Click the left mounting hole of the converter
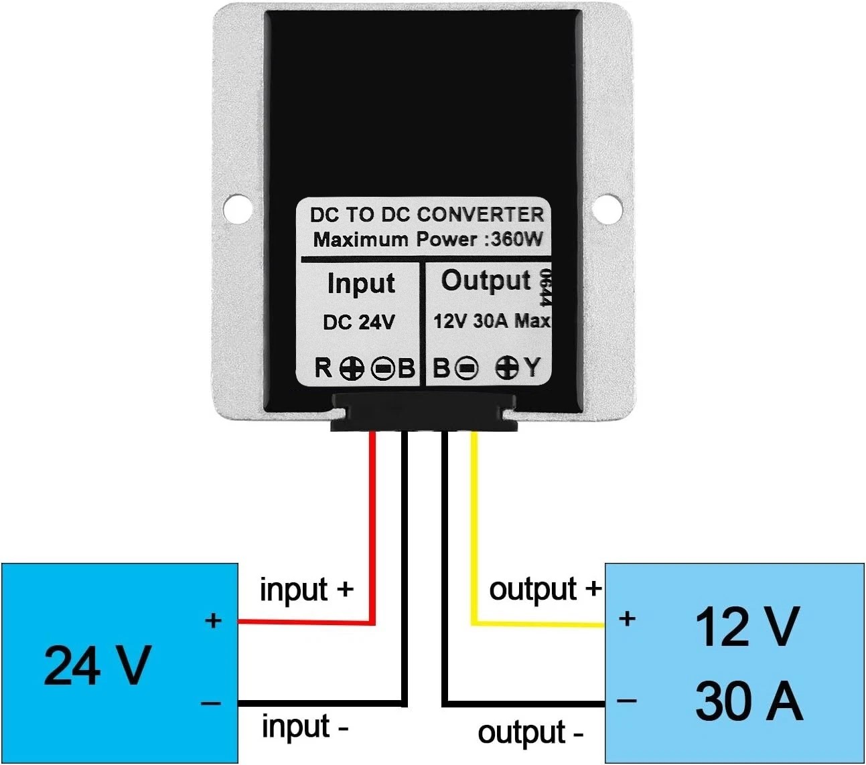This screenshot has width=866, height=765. click(x=237, y=209)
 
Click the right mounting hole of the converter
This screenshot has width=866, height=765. click(x=607, y=209)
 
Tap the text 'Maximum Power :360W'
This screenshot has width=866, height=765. click(x=428, y=239)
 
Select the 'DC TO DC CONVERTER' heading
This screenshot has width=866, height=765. click(x=427, y=214)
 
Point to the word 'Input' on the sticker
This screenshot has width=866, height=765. click(x=361, y=284)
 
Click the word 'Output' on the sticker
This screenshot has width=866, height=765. click(x=486, y=281)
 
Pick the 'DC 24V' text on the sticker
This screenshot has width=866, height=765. click(x=359, y=323)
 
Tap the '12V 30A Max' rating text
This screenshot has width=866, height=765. click(x=492, y=321)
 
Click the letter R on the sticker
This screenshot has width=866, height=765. click(x=323, y=367)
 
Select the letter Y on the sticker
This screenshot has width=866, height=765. click(x=532, y=367)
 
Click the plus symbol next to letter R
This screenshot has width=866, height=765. click(x=352, y=368)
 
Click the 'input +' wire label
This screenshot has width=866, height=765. click(x=307, y=590)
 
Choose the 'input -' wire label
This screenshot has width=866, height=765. click(x=305, y=726)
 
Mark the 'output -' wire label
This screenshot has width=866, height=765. click(x=530, y=734)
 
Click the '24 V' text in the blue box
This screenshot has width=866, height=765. click(x=98, y=665)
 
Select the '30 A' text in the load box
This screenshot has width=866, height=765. click(x=748, y=701)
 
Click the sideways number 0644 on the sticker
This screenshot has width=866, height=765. click(x=546, y=287)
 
